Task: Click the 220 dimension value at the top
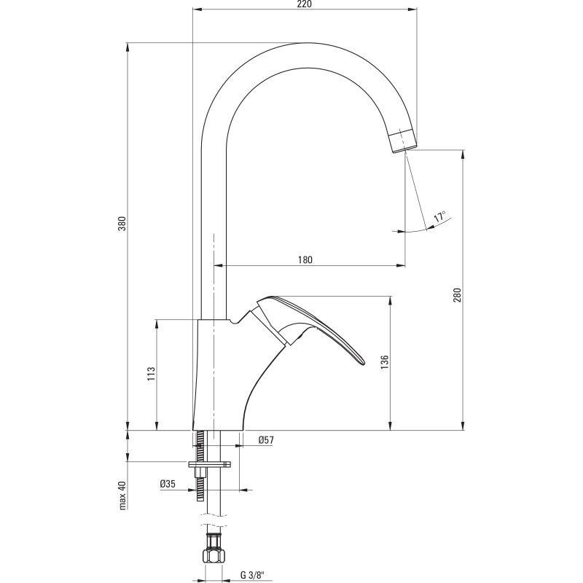(x=305, y=6)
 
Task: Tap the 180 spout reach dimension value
(x=306, y=259)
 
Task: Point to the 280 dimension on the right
(x=457, y=294)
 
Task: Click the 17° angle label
(x=439, y=217)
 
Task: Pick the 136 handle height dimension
(x=385, y=362)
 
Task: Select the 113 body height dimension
(x=151, y=374)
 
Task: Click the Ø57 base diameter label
(x=267, y=439)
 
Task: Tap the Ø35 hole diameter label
(x=168, y=483)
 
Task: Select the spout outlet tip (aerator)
(x=403, y=141)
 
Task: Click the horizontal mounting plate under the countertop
(x=210, y=463)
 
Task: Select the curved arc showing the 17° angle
(x=423, y=229)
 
